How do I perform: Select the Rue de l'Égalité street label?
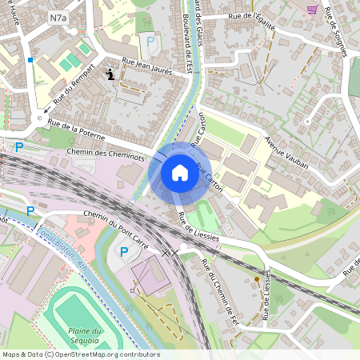pos(251,22)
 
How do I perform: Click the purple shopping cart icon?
pos(312,10)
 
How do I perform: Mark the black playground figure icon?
pos(110,74)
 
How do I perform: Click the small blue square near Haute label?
pos(30,59)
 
